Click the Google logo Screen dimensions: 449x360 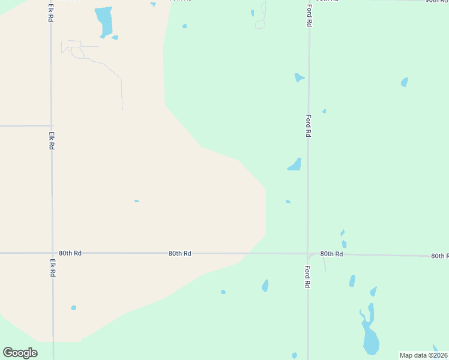[20, 353]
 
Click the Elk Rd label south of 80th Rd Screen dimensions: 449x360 [52, 266]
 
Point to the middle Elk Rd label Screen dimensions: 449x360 [52, 140]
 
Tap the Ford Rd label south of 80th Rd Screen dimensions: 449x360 [307, 275]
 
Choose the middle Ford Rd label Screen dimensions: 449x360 [309, 126]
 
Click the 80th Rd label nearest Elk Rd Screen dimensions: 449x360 [70, 253]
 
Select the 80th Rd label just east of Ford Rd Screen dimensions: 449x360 [331, 254]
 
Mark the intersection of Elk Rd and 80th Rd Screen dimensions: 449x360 [52, 253]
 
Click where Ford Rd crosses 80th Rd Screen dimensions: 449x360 [308, 254]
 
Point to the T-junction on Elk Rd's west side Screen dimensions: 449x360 [51, 125]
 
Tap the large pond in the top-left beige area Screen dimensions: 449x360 [104, 22]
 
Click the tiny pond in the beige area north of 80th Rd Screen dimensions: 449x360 [137, 201]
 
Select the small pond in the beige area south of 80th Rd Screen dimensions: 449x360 [74, 308]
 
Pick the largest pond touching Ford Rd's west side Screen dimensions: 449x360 [295, 164]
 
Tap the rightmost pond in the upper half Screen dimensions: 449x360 [405, 82]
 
